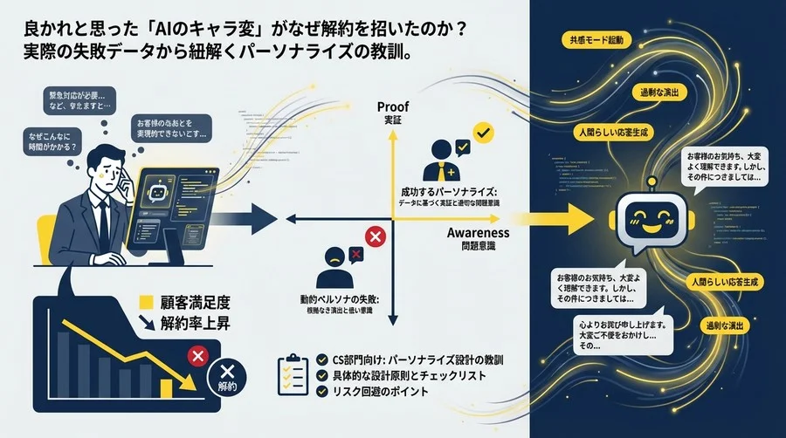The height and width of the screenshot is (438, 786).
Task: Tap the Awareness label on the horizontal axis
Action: click(x=478, y=233)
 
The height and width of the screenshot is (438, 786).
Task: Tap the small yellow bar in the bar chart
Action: click(x=166, y=387)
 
